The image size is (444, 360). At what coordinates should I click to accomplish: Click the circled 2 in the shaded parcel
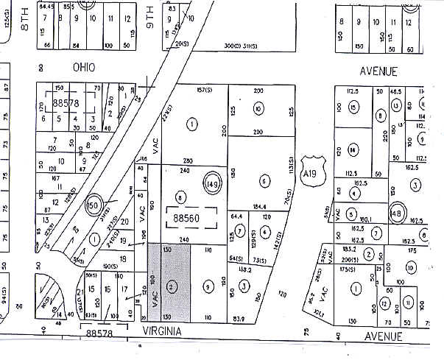coord(171,286)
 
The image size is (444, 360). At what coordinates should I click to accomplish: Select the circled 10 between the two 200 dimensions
coord(258,109)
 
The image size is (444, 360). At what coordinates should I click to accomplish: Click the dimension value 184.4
coord(260,207)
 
